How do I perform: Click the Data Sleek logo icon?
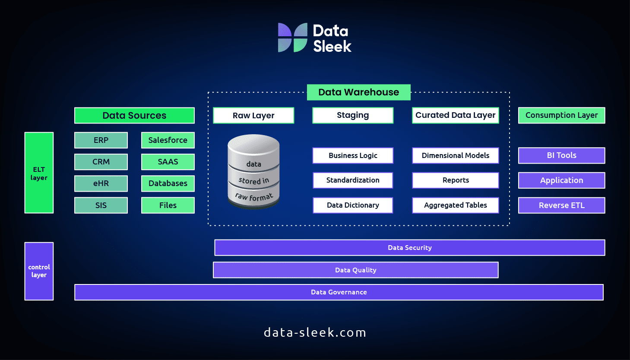[x=292, y=38]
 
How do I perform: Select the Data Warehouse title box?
[x=358, y=92]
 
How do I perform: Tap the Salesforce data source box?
[x=168, y=140]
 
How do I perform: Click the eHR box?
[x=101, y=183]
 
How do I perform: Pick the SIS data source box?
[x=101, y=205]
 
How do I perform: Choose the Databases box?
[x=168, y=183]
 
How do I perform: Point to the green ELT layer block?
[x=39, y=173]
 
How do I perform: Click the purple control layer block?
[x=39, y=271]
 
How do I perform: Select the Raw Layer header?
[x=253, y=115]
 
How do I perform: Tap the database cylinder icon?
[x=253, y=172]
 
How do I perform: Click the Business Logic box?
[x=353, y=155]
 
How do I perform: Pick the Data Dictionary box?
[x=353, y=205]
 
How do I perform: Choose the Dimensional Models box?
[x=455, y=155]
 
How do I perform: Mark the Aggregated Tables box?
[x=455, y=205]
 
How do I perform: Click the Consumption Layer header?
[x=561, y=115]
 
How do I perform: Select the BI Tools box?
[x=561, y=155]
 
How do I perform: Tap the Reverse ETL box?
[x=561, y=205]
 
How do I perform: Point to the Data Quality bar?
[x=355, y=270]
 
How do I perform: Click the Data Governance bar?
[x=339, y=292]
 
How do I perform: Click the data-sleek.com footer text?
[x=315, y=332]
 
